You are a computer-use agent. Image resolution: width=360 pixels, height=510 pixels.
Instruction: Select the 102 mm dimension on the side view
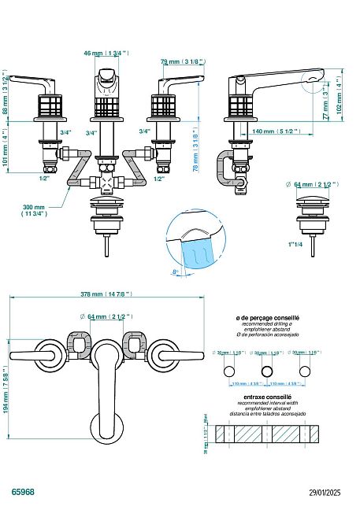point(340,94)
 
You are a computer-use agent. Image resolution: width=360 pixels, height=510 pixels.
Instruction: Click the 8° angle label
point(176,272)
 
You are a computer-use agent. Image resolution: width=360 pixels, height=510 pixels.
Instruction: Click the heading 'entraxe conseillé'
point(268,398)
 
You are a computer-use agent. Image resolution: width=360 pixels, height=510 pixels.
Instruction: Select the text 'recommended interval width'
point(268,404)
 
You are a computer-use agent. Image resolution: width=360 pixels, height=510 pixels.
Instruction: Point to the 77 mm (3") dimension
point(325,102)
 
